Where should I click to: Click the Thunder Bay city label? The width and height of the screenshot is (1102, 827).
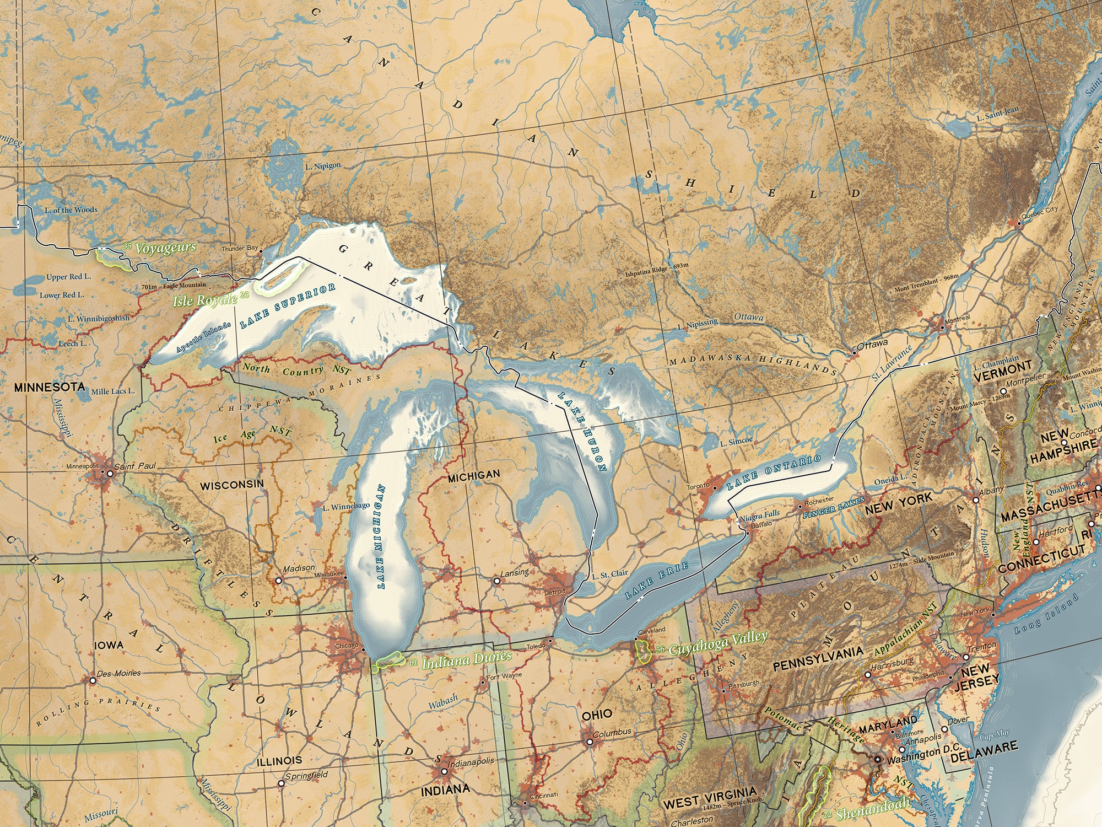(240, 249)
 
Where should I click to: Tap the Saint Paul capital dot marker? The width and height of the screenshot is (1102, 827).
(110, 473)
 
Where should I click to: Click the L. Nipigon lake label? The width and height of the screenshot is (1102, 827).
(323, 165)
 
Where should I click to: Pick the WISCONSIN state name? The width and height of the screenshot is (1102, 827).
(231, 485)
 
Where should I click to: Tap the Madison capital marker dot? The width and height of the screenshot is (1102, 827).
(279, 581)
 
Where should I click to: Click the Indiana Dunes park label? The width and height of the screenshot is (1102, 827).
(466, 659)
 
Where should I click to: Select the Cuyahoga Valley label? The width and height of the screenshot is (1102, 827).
(717, 644)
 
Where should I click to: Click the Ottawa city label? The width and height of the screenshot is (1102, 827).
(872, 343)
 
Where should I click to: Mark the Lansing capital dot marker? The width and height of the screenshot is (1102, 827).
(497, 581)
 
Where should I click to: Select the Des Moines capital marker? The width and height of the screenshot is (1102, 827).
(93, 680)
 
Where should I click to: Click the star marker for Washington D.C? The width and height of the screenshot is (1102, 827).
(878, 759)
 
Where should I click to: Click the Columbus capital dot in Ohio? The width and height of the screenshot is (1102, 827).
(590, 742)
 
